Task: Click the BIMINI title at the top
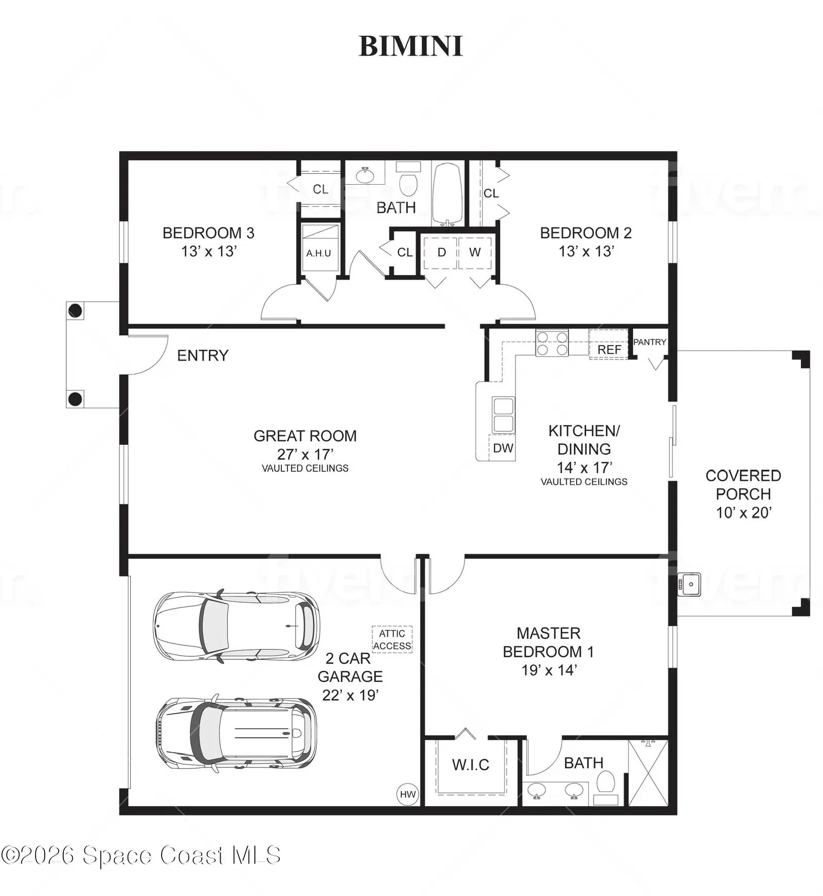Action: coord(410,46)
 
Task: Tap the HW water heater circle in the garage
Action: coord(408,794)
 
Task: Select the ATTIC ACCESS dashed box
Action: coord(392,639)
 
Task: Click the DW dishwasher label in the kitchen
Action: coord(503,448)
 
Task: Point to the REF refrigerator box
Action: coord(609,345)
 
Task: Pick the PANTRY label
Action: coord(650,342)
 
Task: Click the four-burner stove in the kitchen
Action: coord(552,343)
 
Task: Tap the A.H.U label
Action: coord(318,253)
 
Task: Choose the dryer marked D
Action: coord(441,253)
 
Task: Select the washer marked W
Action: coord(475,253)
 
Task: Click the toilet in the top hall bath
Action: coord(409,178)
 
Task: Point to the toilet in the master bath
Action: coord(606,787)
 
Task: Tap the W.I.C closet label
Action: coord(471,765)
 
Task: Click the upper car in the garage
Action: coord(236,626)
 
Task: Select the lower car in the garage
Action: coord(236,733)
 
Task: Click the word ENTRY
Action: coord(203,355)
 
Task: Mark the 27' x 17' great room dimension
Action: coord(305,454)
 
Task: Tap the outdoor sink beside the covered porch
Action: coord(689,584)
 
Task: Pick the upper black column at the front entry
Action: coord(75,311)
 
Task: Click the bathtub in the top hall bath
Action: coord(448,194)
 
